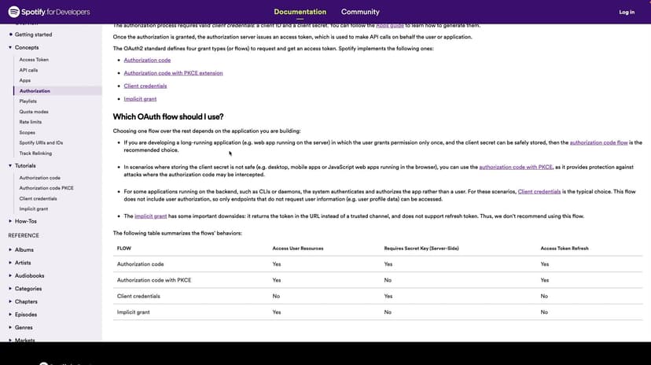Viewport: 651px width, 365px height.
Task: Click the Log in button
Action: click(x=626, y=12)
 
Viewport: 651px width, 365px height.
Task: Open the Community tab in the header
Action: click(x=360, y=12)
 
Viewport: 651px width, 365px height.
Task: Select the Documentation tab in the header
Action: click(x=300, y=12)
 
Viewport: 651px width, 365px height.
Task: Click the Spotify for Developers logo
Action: click(x=50, y=12)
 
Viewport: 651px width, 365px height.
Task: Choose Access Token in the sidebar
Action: click(x=34, y=60)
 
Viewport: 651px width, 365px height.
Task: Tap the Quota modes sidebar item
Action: click(x=34, y=112)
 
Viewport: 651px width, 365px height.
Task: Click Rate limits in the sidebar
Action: click(x=31, y=122)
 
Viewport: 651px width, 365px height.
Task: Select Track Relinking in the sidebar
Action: click(x=35, y=153)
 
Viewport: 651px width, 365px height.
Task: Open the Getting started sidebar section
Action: click(x=33, y=35)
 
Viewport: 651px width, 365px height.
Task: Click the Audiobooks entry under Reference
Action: click(x=30, y=275)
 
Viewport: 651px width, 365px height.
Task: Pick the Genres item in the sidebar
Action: click(x=24, y=327)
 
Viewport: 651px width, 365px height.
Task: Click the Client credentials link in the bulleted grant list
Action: click(x=145, y=86)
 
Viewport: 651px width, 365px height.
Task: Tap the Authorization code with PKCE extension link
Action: click(x=173, y=73)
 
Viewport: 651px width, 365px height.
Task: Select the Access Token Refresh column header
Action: click(x=565, y=249)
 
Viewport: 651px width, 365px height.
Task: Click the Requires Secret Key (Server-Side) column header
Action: click(x=421, y=249)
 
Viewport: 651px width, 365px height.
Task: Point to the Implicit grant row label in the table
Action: click(x=134, y=312)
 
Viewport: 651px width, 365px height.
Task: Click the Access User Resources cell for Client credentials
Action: click(x=276, y=297)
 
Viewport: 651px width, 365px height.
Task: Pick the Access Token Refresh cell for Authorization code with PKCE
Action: click(x=544, y=280)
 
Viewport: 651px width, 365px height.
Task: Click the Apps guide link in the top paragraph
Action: click(x=390, y=25)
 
